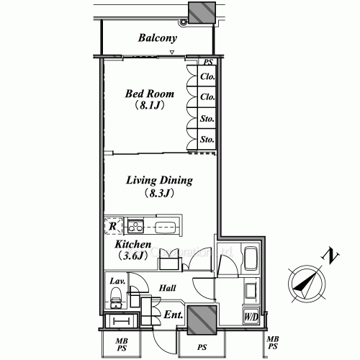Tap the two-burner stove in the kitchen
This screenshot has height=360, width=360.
pos(135,225)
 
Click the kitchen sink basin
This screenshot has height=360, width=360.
pos(166,226)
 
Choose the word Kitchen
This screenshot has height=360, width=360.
pos(132,246)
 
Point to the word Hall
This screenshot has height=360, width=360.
pos(168,288)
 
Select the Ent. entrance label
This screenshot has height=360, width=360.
pos(173,315)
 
